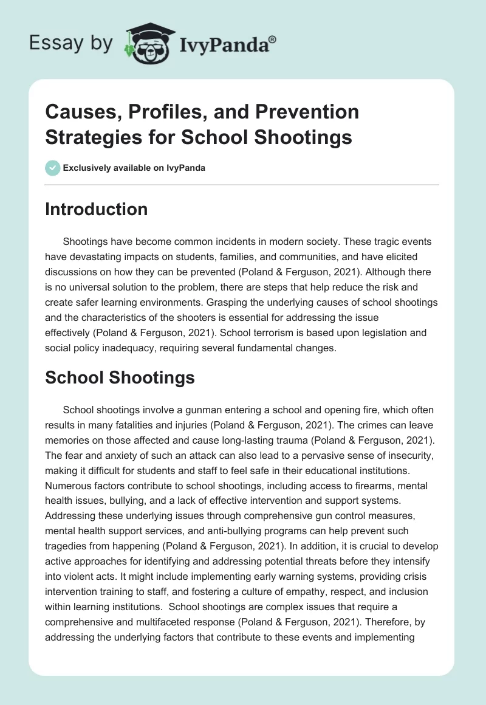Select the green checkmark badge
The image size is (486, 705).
click(53, 168)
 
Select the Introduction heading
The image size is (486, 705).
click(96, 209)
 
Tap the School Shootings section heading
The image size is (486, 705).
click(120, 377)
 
